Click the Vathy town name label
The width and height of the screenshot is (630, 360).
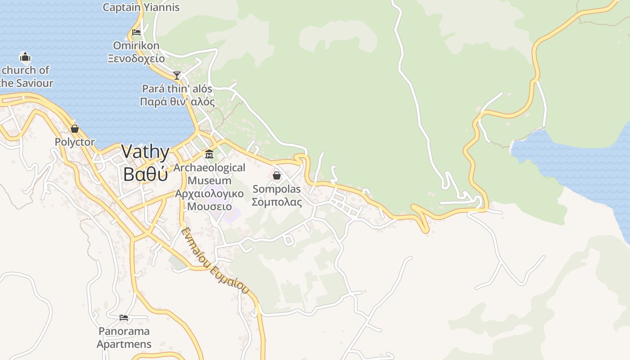pos(145,152)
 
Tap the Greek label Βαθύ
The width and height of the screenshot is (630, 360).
pos(145,174)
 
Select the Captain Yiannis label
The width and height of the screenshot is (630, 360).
pos(141,7)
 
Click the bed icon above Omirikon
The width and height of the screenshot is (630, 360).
pos(136,32)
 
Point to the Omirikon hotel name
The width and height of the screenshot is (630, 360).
pos(136,45)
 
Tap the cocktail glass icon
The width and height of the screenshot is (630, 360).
pos(177,75)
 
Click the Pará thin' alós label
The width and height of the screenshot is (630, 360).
pos(177,89)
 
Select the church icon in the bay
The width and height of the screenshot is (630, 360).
pos(25,57)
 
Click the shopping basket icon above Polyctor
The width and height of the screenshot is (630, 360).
pos(75,129)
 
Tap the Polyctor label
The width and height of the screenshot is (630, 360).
pos(75,142)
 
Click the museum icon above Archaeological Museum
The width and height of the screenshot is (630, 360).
pos(209,154)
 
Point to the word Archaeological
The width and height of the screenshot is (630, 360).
pos(209,168)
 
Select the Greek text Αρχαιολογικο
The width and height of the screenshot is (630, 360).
pos(209,194)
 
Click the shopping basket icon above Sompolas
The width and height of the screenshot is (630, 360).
pos(277,175)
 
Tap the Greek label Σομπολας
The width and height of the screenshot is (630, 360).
pos(277,202)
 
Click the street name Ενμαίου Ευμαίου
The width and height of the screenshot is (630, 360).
pos(215,261)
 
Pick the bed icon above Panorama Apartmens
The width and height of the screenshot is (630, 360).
pos(124,318)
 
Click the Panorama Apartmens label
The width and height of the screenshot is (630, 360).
pos(124,338)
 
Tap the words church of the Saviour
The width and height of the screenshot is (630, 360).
pos(26,76)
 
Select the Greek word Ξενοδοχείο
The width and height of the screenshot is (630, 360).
pos(136,58)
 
